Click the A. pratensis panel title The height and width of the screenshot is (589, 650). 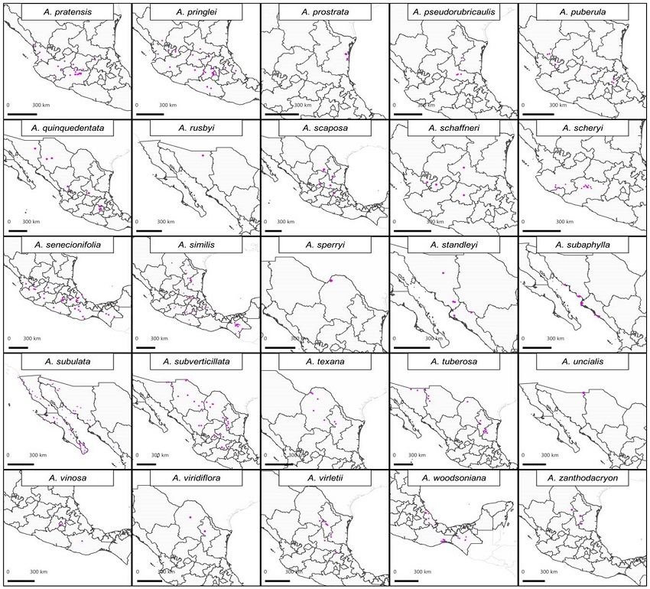pyautogui.click(x=67, y=12)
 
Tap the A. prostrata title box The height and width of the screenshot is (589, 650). pyautogui.click(x=324, y=12)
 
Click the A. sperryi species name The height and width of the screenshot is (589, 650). pyautogui.click(x=324, y=245)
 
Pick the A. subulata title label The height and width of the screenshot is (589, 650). pyautogui.click(x=67, y=361)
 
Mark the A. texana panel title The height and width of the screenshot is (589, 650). pyautogui.click(x=324, y=361)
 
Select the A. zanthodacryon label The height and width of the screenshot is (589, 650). pyautogui.click(x=583, y=478)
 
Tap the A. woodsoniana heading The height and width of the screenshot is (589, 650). pyautogui.click(x=453, y=478)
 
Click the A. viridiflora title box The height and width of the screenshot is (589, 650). pyautogui.click(x=195, y=478)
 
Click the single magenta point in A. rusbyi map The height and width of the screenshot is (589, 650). pyautogui.click(x=203, y=155)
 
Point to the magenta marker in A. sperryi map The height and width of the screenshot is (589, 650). pyautogui.click(x=332, y=280)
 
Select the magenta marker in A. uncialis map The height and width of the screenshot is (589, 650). pyautogui.click(x=583, y=393)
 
